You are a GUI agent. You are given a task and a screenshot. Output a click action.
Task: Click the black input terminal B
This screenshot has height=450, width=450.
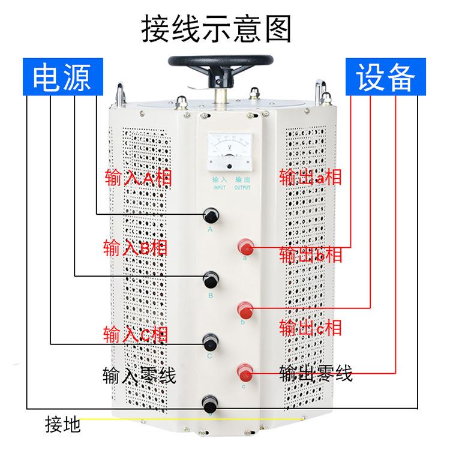(211, 279)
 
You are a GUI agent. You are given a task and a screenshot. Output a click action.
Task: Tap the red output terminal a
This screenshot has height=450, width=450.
(244, 247)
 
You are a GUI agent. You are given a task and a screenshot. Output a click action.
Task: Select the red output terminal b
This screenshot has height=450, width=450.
(244, 310)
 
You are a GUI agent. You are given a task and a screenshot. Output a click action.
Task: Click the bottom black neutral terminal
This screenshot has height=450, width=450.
(210, 402)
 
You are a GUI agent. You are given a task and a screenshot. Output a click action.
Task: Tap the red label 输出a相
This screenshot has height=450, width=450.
(310, 178)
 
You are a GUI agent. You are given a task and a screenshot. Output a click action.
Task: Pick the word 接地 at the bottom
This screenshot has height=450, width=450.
(62, 425)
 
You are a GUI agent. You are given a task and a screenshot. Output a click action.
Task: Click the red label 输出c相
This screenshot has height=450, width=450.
(310, 327)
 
